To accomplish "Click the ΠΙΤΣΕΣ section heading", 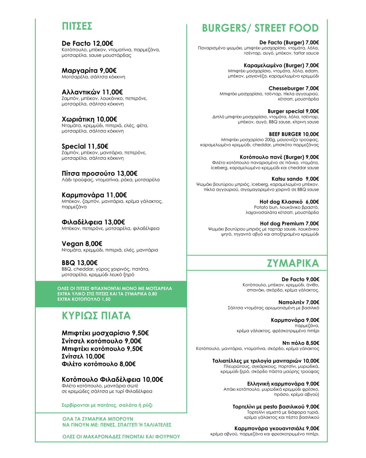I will click(77, 26).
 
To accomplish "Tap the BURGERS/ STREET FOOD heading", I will click(260, 28).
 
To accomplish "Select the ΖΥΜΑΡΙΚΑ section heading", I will click(293, 263).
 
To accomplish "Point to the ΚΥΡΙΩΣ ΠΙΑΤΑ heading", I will click(96, 315).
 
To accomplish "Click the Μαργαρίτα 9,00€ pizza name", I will click(89, 70).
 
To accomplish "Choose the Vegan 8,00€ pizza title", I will click(82, 244).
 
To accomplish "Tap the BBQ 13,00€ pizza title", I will click(80, 262).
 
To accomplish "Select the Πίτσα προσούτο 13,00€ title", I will click(99, 173).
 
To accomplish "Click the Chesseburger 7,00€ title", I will click(294, 88).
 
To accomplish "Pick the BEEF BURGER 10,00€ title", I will click(294, 134).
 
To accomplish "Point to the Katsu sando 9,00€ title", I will click(295, 179).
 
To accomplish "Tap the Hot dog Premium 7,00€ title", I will click(289, 223).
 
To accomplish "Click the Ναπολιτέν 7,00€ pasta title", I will click(299, 302).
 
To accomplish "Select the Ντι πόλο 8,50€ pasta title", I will click(300, 343).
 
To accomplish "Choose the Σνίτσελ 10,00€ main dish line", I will click(83, 356).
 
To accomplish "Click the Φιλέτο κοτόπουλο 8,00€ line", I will click(98, 364).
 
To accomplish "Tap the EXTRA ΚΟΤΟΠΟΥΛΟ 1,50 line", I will click(84, 299).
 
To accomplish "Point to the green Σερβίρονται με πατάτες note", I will click(107, 405).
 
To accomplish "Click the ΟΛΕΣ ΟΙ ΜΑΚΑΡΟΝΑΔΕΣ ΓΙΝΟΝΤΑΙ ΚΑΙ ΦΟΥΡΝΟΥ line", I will click(121, 437).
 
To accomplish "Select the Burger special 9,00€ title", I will click(293, 111).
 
